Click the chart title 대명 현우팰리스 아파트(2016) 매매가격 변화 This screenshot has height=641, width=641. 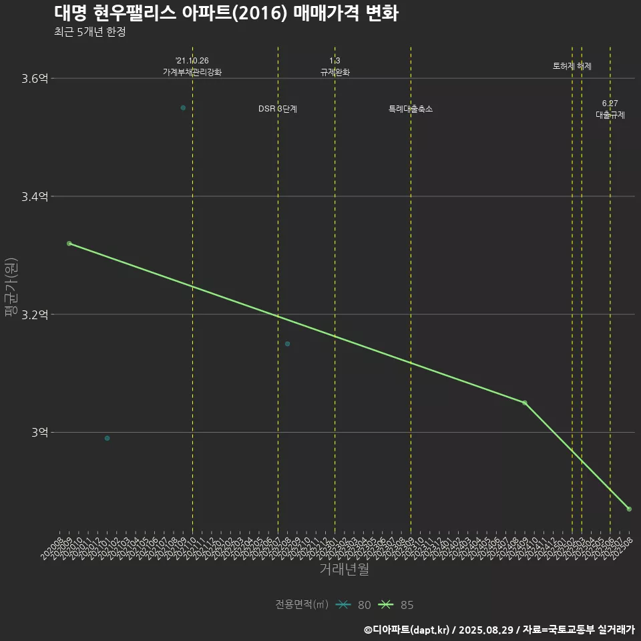point(226,13)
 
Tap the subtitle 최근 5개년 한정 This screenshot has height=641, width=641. point(89,32)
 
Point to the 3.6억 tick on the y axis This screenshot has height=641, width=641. point(35,79)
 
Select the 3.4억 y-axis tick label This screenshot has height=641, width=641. point(35,197)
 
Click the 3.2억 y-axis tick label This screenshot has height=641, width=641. point(35,314)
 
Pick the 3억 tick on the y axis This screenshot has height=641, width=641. point(39,433)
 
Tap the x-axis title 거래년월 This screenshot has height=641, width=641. point(344,570)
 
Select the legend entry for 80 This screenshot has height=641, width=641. point(353,605)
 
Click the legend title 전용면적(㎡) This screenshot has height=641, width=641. point(302,605)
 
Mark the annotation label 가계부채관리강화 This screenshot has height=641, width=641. point(192,72)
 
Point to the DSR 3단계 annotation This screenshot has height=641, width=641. point(278,109)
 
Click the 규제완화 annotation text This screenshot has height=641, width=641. point(335,72)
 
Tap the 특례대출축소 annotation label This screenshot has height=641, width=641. point(411,109)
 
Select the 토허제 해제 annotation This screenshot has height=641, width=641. point(572,66)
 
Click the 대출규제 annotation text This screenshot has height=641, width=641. point(610,115)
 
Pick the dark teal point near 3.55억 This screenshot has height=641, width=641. point(183,108)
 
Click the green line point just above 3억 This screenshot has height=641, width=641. point(525,403)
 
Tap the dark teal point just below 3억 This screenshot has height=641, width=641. point(107,438)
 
